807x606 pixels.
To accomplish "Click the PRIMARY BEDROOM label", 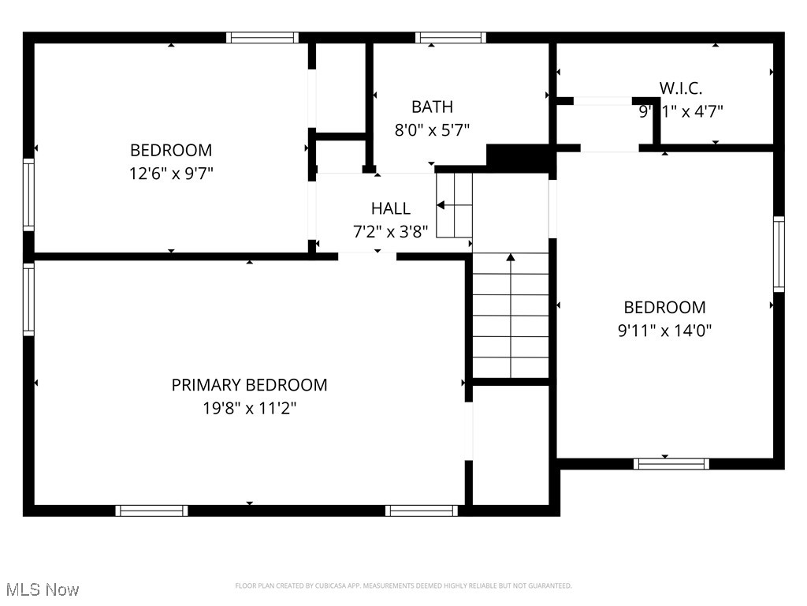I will tap(249, 385).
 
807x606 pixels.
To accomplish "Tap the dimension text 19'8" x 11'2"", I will tap(249, 409).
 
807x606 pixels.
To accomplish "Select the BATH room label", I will tap(432, 107).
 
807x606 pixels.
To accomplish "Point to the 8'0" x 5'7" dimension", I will tap(432, 130).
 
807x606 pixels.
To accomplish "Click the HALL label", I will tap(391, 209).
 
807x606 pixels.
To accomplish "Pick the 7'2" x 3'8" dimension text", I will tap(391, 233).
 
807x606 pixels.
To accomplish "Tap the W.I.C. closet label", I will tap(681, 88).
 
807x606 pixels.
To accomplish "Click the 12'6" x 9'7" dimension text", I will tap(171, 174).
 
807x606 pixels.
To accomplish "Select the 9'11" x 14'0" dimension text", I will tap(664, 331).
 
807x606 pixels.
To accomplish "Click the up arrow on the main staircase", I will tap(511, 258).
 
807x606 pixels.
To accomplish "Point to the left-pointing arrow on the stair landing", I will tap(441, 205).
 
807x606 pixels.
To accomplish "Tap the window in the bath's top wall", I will tap(451, 37).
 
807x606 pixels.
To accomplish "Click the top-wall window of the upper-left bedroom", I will tap(262, 37).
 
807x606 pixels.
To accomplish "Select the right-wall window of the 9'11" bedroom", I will tap(779, 254).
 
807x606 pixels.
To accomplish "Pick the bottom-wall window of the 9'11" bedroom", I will tap(671, 464).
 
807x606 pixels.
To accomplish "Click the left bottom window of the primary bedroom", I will tap(151, 511).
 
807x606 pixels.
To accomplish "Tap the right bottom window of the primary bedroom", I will tap(422, 511).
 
